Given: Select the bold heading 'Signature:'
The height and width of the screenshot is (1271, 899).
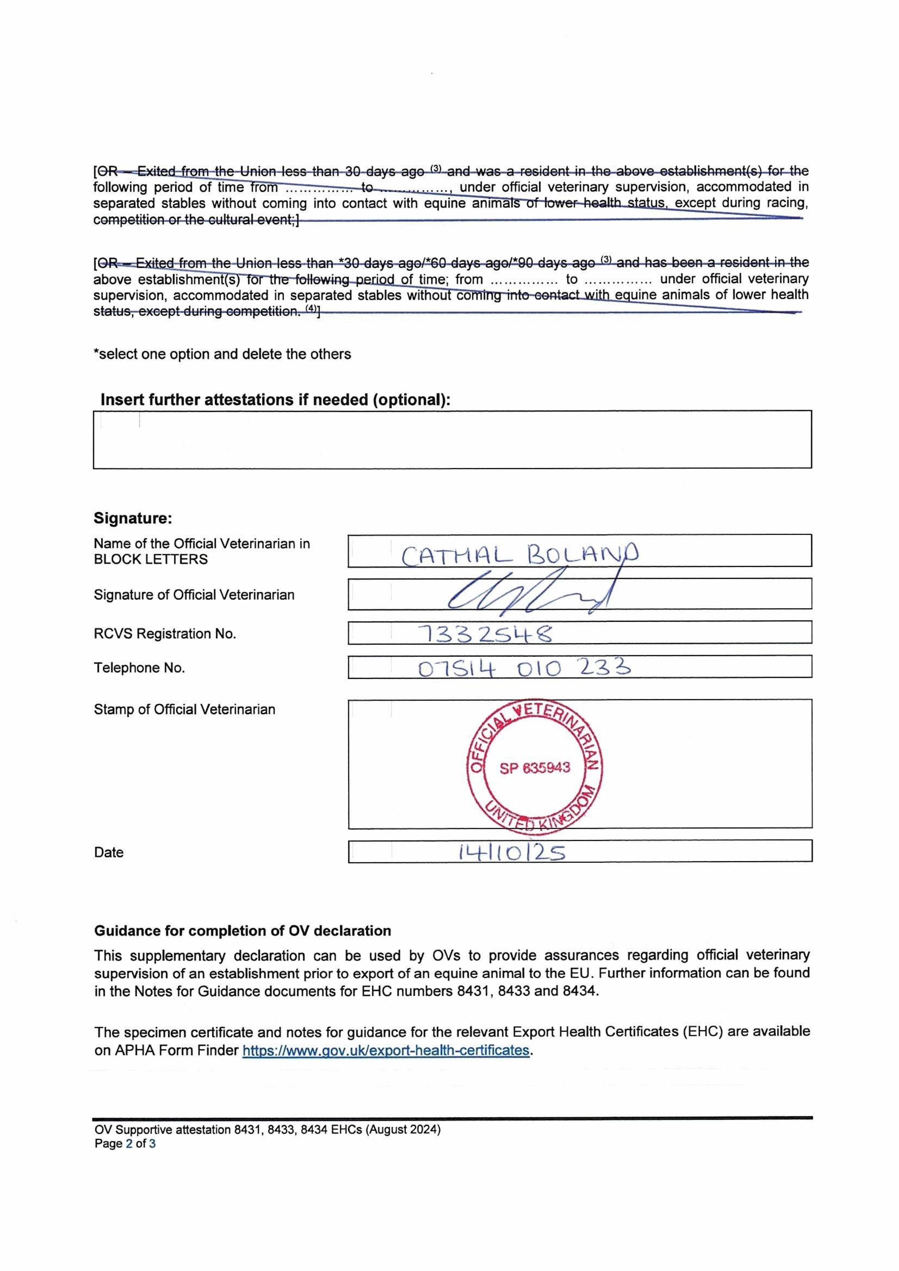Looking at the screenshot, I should [133, 519].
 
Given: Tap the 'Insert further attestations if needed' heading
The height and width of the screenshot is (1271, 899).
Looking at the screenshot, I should [275, 400].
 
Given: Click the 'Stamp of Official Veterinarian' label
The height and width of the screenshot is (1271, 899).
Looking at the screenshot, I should [184, 710].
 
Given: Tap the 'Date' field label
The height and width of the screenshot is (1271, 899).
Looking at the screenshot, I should [109, 853].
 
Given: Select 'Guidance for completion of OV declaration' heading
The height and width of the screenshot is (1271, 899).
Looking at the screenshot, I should [242, 931].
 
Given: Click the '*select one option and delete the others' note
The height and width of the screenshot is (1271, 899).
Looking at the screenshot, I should [222, 354].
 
